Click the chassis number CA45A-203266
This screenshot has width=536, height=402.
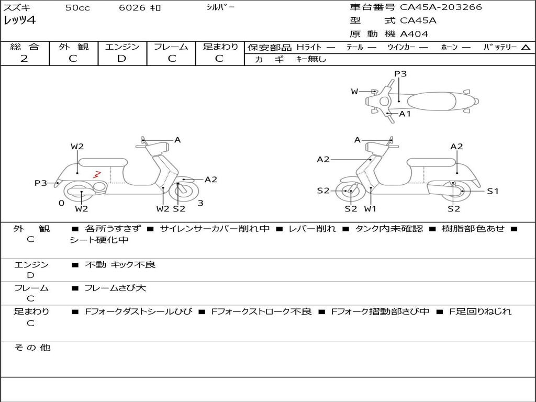[441, 7]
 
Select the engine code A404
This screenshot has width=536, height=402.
[414, 34]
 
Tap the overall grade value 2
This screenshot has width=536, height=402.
[24, 59]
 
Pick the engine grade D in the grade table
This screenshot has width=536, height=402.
[121, 59]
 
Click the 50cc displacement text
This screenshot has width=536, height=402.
[77, 8]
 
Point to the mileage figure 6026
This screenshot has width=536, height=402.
[132, 8]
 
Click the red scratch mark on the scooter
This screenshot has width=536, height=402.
[96, 174]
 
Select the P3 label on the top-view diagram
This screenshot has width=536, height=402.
[400, 74]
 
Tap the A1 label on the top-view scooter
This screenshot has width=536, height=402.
[405, 114]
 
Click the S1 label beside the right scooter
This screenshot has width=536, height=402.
[493, 191]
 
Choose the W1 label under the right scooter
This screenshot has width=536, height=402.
[370, 209]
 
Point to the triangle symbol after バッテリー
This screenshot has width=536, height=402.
[526, 48]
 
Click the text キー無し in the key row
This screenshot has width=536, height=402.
[311, 59]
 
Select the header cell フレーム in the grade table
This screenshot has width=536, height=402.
[171, 47]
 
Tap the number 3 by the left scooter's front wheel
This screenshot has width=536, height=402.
[200, 203]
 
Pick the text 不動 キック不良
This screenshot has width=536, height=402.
[120, 265]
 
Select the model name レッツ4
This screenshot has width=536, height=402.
[20, 21]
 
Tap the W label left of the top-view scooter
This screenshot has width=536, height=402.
[354, 92]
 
